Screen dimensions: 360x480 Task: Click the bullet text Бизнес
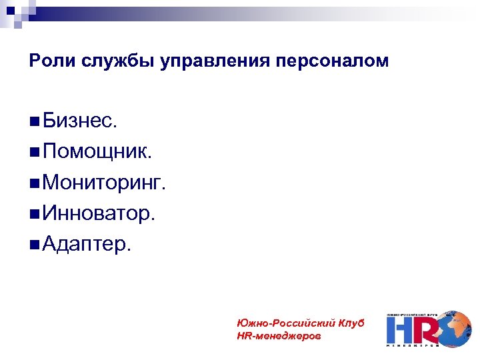click(79, 121)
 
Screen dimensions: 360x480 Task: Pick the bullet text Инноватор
click(99, 213)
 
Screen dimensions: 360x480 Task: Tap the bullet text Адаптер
click(87, 244)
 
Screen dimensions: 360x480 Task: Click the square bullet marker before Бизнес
click(34, 122)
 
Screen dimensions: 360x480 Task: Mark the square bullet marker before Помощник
click(34, 153)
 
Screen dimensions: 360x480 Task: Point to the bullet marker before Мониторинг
click(34, 183)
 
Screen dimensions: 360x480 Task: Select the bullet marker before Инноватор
click(34, 214)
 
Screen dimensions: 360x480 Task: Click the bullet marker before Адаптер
click(34, 245)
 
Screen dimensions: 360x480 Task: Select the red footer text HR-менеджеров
click(278, 337)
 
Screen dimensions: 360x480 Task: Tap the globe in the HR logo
click(455, 327)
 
